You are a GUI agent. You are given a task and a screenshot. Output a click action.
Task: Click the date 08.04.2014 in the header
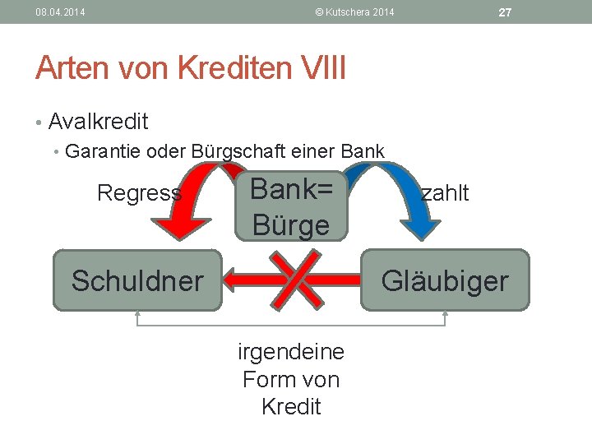point(60,12)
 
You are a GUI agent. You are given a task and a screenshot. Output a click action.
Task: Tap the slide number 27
point(505,12)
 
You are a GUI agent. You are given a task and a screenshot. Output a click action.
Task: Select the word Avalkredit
point(98,123)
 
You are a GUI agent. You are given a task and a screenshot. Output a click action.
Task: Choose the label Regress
point(139,193)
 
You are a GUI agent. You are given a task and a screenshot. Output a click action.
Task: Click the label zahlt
point(445,193)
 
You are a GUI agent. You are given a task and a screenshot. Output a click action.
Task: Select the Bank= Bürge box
point(291,206)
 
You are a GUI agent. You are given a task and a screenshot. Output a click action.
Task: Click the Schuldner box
point(137,280)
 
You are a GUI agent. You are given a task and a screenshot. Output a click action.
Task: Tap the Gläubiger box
point(445,280)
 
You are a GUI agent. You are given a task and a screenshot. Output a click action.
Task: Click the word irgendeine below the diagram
point(291,353)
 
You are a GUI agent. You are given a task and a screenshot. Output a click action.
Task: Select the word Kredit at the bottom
point(291,406)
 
